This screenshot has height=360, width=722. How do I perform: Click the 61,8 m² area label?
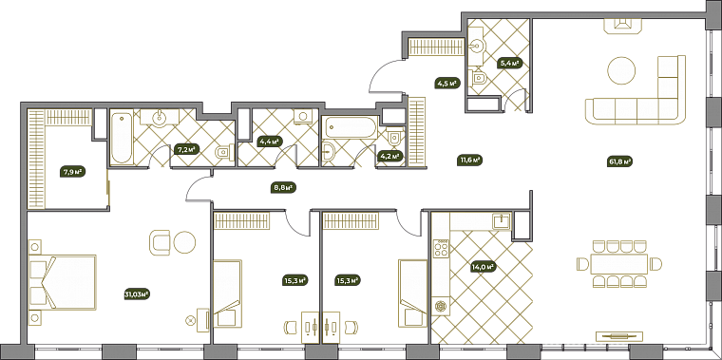pos(619,161)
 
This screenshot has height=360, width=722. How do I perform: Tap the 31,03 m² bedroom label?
pos(138,294)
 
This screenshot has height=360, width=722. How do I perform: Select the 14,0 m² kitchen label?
pos(483,266)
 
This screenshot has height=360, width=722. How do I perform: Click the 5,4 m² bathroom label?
pos(511,64)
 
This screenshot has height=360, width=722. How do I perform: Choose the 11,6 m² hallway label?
pos(469,161)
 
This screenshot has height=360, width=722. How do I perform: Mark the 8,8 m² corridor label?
pos(283,187)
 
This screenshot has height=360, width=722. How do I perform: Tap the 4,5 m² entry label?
pos(446,84)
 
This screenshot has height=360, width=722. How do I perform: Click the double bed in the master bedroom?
pos(63,282)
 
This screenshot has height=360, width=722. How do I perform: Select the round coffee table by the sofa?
pos(622,70)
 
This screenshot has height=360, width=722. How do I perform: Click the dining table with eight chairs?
pos(619,264)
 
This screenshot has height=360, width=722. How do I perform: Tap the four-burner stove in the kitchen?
pos(442,248)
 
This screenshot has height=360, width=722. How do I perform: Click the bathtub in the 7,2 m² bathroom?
pos(122,138)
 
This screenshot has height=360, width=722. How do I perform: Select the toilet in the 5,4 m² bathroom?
pos(479,78)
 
